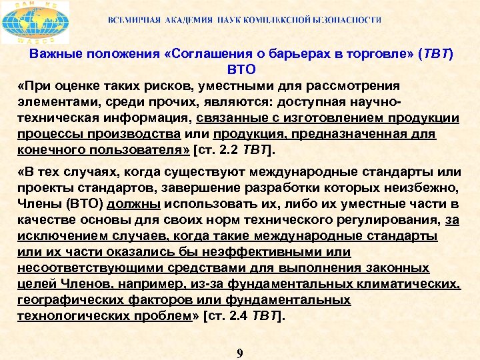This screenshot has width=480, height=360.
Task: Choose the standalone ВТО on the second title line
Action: coord(241,69)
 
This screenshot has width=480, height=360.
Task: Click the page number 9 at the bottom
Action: coord(240,353)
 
